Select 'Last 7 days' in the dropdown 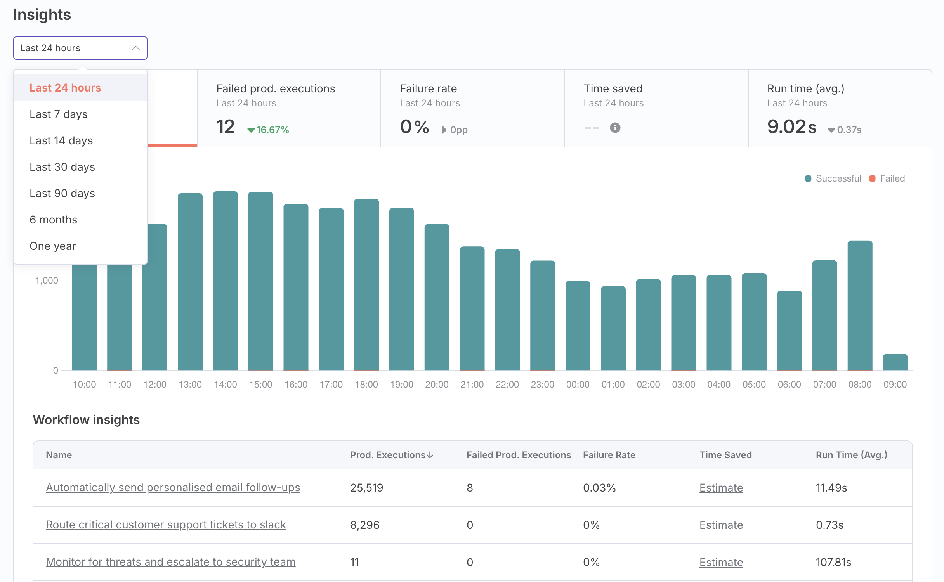(59, 114)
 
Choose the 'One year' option (53, 246)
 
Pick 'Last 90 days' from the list (62, 193)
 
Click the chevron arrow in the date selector (135, 48)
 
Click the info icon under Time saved (615, 128)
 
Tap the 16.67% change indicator (269, 130)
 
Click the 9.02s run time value (792, 127)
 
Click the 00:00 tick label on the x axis (578, 385)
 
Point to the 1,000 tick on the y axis (47, 281)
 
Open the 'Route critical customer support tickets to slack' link (166, 525)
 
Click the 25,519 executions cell (366, 488)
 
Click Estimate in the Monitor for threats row (721, 562)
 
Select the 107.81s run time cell (833, 562)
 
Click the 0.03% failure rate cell (599, 488)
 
